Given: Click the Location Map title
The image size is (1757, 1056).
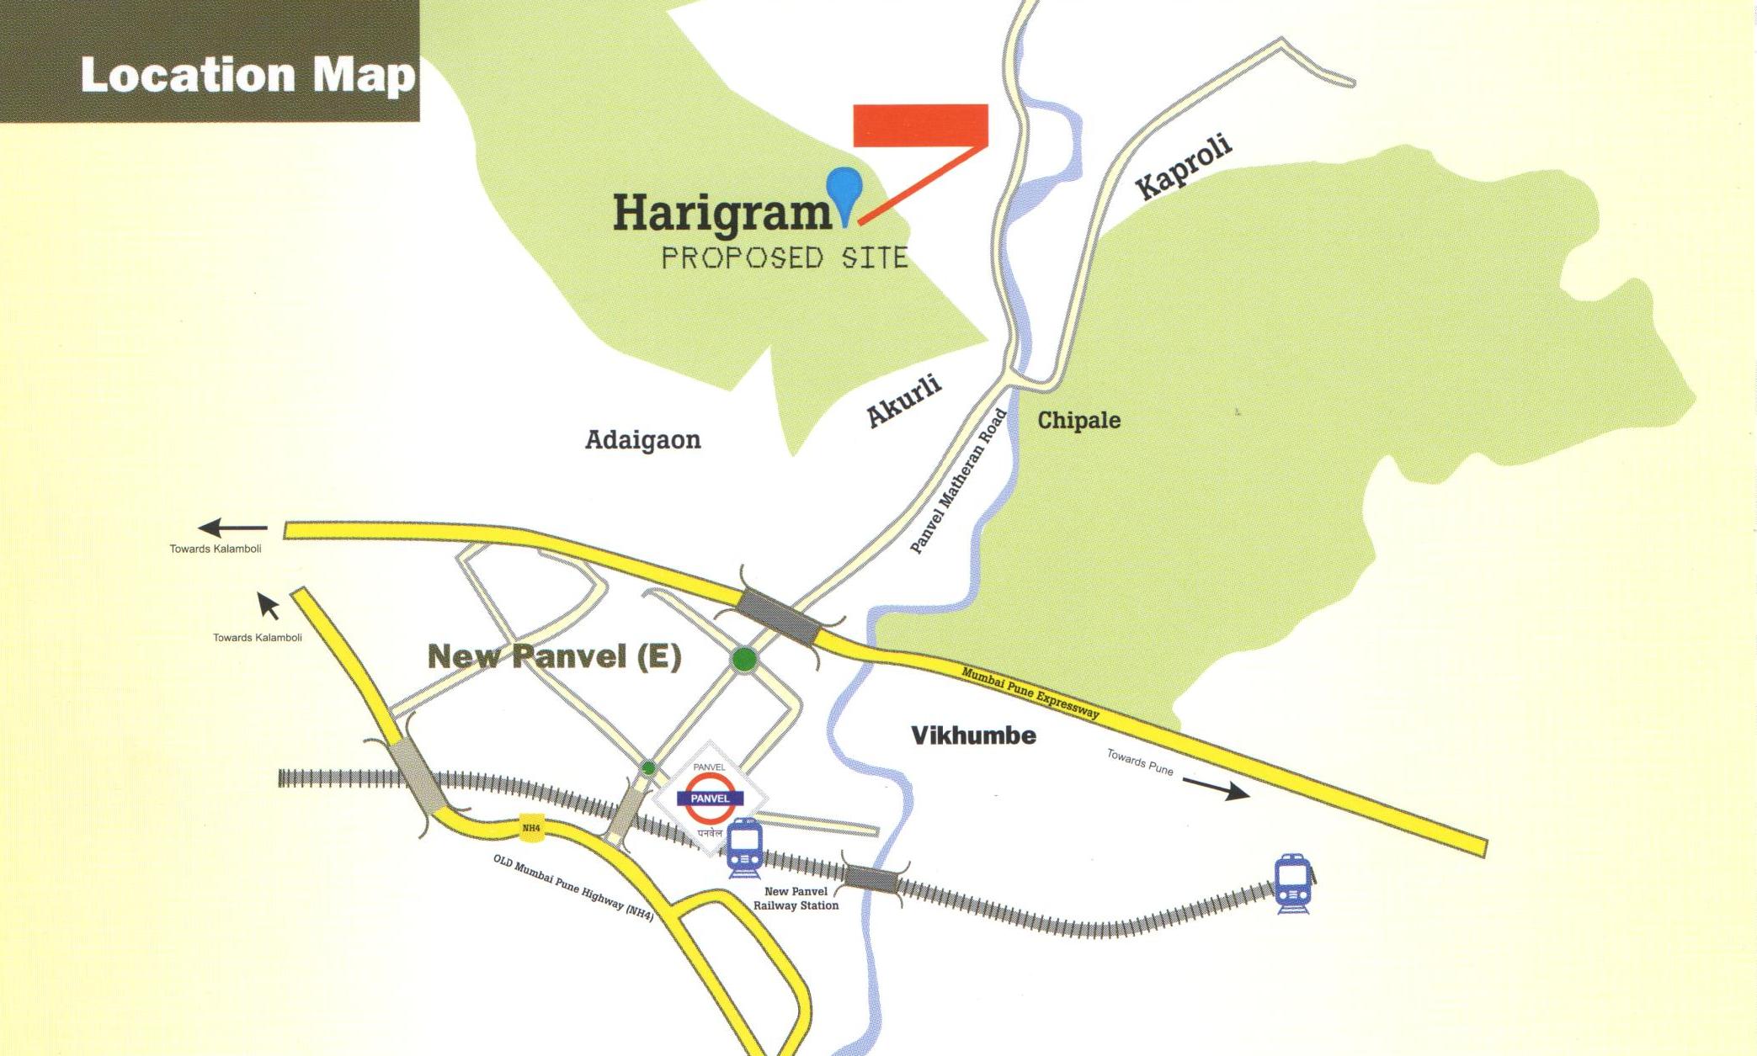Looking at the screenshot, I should coord(248,76).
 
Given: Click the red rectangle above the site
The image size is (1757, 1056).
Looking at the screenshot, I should coord(920,125).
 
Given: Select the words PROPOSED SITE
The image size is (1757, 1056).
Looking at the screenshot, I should coord(785,257).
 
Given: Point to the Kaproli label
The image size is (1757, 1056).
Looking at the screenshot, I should coord(1184,167).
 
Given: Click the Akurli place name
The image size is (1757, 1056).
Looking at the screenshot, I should coord(903,401).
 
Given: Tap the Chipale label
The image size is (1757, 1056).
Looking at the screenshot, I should coord(1078,420).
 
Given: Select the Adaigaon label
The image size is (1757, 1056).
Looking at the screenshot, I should coord(642,440).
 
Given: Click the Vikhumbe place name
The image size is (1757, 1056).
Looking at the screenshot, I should coord(973,735).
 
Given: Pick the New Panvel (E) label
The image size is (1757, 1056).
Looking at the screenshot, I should coord(554,656).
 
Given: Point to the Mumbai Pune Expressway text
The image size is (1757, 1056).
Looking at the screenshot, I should coord(1030,693).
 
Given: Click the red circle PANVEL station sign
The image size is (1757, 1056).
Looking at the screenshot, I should coord(710,799).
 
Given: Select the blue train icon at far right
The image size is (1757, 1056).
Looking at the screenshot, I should coord(1291,884).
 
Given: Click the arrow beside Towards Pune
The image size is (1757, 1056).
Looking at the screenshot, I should coord(1216,788).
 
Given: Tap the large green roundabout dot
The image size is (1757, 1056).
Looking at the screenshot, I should coord(744,660).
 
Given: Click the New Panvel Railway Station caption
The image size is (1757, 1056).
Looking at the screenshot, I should coord(796,899).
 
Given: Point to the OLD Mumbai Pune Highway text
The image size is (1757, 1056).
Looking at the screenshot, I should coord(573,888).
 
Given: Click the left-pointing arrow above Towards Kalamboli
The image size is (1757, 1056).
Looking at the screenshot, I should coord(232,528).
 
